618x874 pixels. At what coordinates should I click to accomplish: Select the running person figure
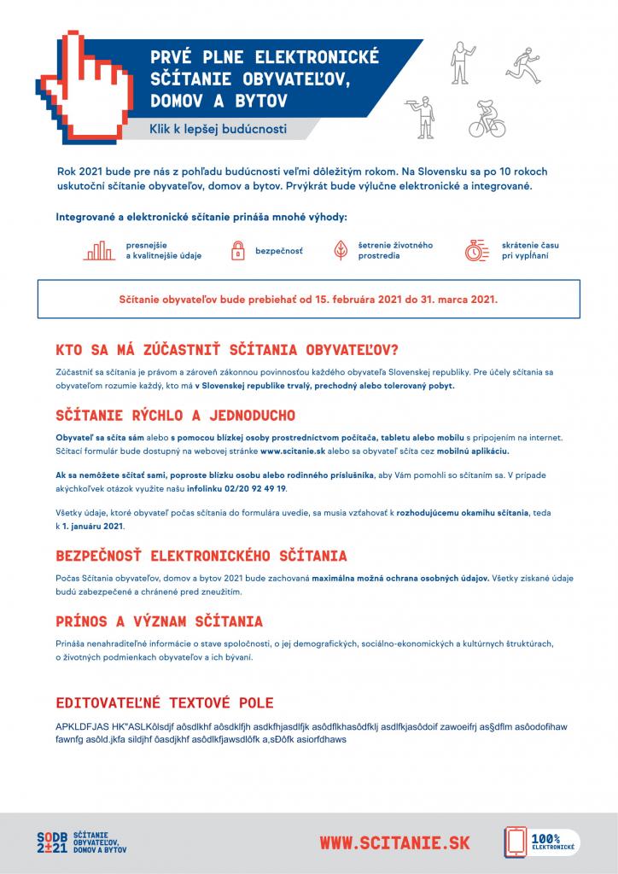(x=523, y=61)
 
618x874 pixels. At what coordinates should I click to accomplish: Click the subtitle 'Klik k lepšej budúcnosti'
(x=218, y=130)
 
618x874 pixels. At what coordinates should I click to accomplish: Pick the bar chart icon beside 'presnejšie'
(x=100, y=250)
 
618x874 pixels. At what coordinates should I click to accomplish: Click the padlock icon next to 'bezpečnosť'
(x=236, y=251)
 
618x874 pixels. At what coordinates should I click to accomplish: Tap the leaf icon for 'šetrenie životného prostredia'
(x=340, y=250)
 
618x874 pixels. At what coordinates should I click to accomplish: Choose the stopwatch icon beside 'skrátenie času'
(x=475, y=250)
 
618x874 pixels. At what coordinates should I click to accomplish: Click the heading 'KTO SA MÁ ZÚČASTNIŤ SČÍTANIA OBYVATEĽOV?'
(x=227, y=350)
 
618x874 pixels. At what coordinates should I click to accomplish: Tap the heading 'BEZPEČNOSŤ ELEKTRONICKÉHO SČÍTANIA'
(x=201, y=556)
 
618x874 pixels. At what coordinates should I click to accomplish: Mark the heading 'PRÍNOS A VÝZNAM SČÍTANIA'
(x=159, y=621)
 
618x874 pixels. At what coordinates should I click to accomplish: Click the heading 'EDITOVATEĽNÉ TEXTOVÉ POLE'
(x=164, y=703)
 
